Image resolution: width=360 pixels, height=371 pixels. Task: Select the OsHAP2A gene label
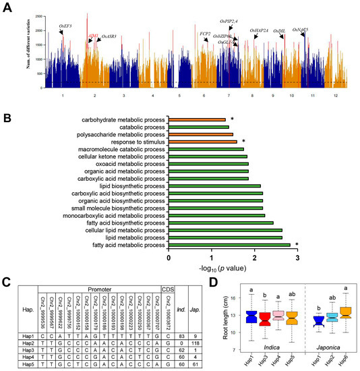(x=259, y=30)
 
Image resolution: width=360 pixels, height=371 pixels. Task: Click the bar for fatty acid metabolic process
(x=229, y=245)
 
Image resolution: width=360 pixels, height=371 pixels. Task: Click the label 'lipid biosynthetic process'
(x=135, y=186)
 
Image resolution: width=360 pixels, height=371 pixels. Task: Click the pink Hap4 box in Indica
(x=277, y=319)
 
